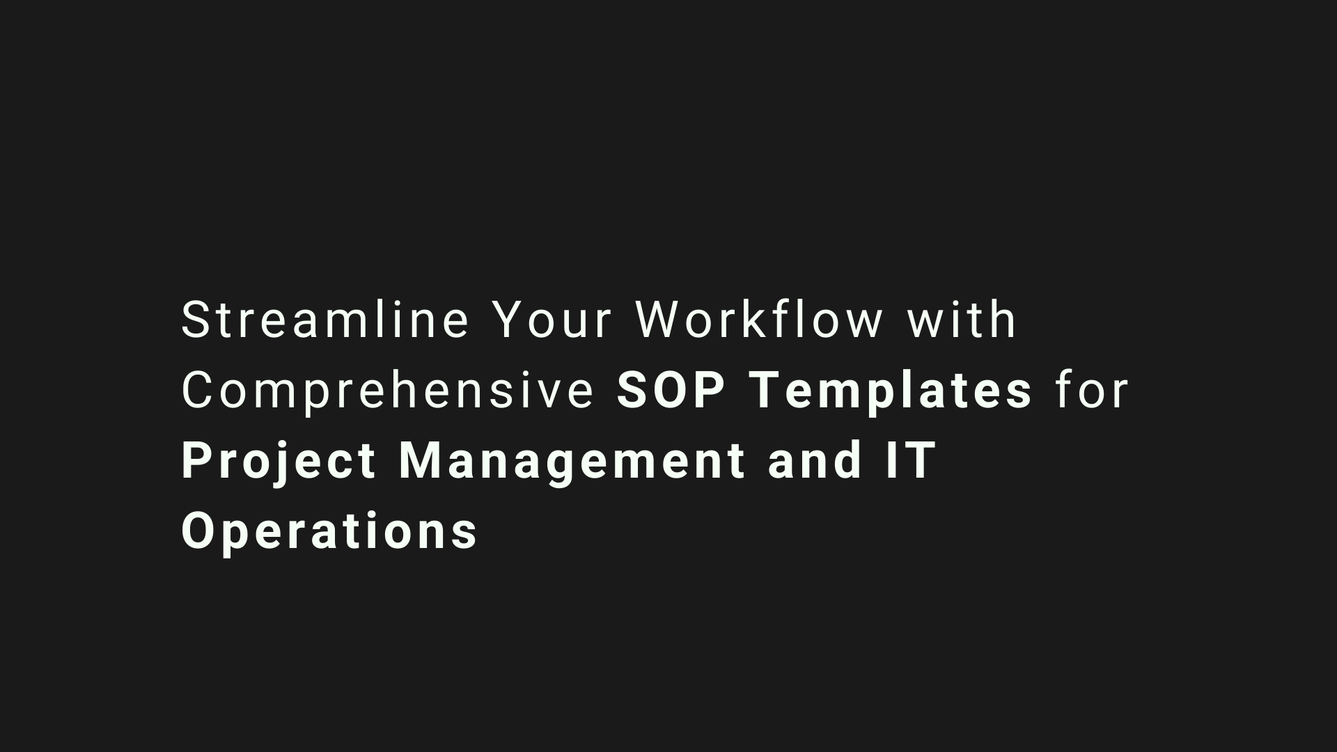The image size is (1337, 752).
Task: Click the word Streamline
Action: [325, 320]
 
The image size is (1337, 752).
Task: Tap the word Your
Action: [553, 320]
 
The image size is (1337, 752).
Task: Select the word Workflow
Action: [760, 320]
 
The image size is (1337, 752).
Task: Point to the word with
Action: [962, 320]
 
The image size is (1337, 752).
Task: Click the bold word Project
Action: [279, 463]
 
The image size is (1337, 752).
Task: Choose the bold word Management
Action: [572, 463]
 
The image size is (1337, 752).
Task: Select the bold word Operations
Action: [329, 533]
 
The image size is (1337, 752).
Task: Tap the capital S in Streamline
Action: [196, 320]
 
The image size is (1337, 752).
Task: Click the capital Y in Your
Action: [509, 320]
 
